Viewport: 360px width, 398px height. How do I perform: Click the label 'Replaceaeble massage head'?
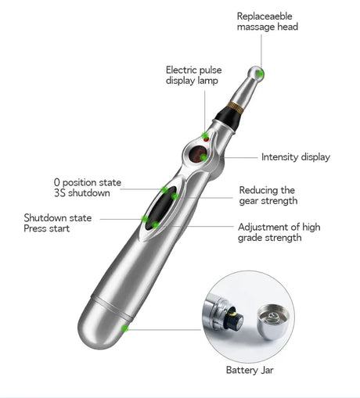(267, 21)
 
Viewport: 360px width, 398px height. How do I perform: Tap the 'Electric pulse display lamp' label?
(193, 74)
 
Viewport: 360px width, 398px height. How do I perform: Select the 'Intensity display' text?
(295, 157)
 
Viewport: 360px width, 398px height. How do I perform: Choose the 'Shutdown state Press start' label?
(57, 223)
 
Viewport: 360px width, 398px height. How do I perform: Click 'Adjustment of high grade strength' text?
(279, 232)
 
